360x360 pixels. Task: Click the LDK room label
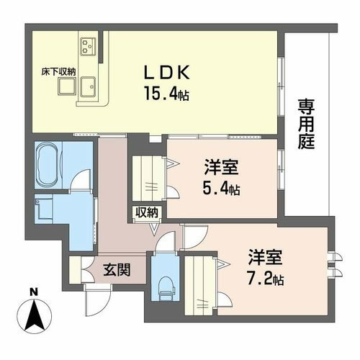(166, 73)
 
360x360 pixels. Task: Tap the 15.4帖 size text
(166, 94)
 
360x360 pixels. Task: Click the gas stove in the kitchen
(89, 45)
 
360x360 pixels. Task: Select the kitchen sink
(88, 86)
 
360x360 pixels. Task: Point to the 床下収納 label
(58, 72)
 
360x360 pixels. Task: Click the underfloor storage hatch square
(67, 86)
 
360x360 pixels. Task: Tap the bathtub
(49, 165)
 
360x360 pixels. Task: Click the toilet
(167, 288)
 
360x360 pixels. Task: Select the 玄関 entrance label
(117, 269)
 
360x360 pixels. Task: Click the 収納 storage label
(147, 212)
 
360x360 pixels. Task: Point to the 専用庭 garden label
(306, 125)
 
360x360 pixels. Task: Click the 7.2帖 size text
(266, 279)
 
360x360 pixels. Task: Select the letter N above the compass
(35, 292)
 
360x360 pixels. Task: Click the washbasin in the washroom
(43, 207)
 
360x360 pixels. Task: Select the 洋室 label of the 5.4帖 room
(221, 167)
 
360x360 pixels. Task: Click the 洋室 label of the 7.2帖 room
(265, 257)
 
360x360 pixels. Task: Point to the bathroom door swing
(81, 179)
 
